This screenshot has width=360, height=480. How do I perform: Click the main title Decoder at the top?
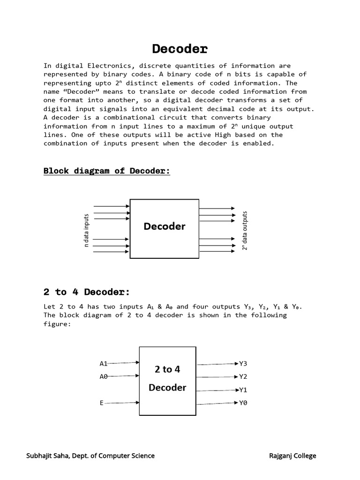click(x=180, y=49)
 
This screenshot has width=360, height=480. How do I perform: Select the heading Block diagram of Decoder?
click(x=106, y=171)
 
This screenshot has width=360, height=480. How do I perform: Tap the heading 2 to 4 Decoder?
click(x=87, y=292)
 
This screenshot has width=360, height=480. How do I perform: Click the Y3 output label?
click(x=243, y=364)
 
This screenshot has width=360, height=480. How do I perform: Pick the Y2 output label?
click(x=243, y=376)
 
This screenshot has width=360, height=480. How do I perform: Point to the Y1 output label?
click(x=243, y=390)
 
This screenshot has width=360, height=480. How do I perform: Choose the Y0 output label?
click(x=243, y=403)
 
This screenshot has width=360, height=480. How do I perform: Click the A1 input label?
click(x=104, y=364)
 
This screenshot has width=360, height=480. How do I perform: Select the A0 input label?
click(x=104, y=376)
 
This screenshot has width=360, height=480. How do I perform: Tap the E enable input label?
click(x=102, y=403)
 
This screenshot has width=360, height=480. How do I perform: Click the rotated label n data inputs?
click(x=86, y=230)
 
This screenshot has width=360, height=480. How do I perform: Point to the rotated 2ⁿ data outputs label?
click(x=245, y=231)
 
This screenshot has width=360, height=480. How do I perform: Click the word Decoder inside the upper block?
click(x=165, y=226)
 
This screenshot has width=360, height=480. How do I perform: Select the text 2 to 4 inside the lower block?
click(x=167, y=369)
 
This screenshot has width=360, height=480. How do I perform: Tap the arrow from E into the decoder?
click(x=122, y=403)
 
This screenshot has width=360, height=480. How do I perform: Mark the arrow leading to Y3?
click(x=217, y=364)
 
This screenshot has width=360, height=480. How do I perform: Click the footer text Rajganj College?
click(x=292, y=456)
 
